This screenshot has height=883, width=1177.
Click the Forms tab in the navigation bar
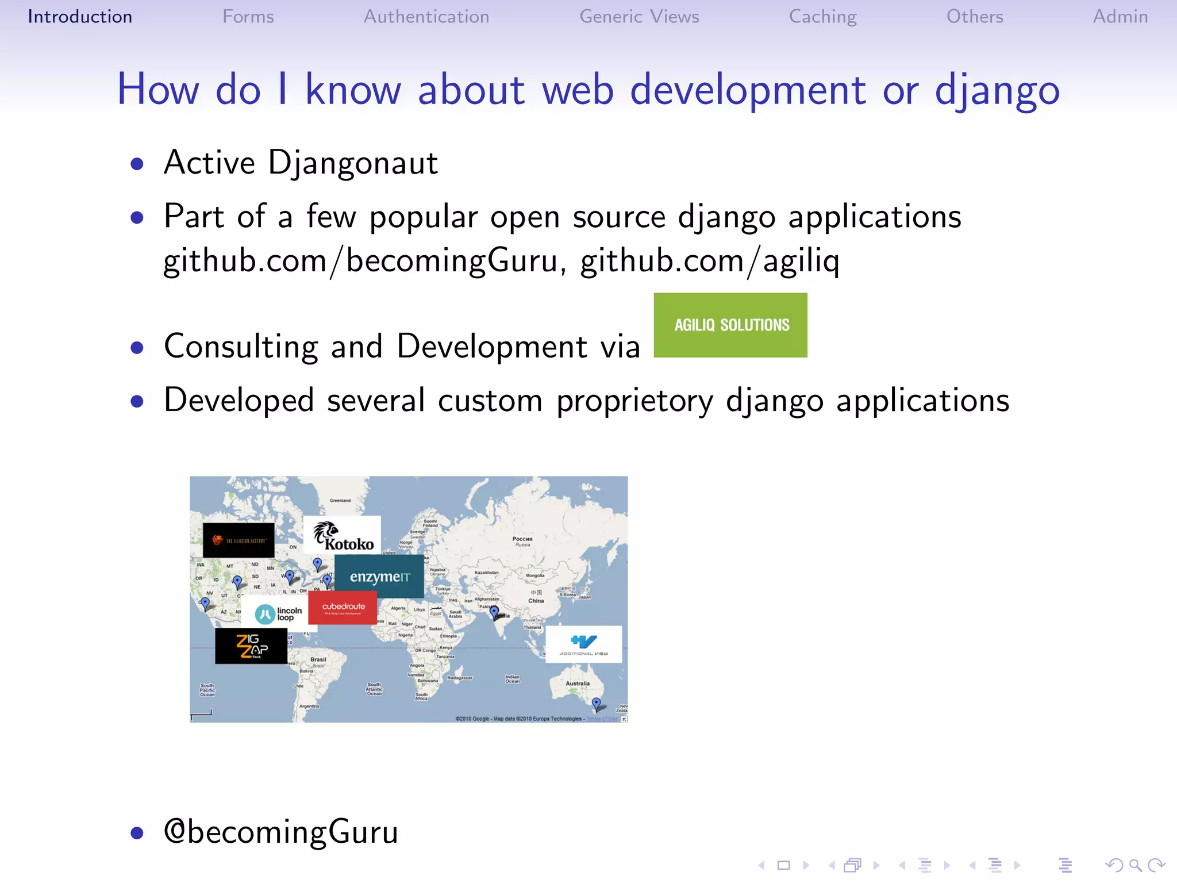click(x=248, y=17)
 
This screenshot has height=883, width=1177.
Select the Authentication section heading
click(x=426, y=17)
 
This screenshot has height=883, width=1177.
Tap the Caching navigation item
click(x=822, y=17)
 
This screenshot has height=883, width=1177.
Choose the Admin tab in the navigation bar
click(x=1120, y=17)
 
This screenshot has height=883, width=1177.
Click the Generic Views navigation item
click(x=639, y=17)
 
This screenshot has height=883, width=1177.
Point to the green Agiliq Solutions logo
click(x=730, y=325)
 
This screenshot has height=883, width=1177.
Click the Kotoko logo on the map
click(x=343, y=535)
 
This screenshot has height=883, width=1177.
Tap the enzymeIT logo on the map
click(x=379, y=576)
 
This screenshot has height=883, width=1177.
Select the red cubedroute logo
click(x=343, y=608)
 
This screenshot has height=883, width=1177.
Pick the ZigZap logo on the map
click(x=251, y=646)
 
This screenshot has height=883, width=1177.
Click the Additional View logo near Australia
click(x=583, y=644)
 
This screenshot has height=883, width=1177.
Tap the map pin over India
click(x=494, y=612)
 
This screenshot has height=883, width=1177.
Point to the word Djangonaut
click(x=353, y=163)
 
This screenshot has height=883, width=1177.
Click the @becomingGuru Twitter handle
click(x=281, y=832)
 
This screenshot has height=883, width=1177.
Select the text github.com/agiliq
click(x=710, y=260)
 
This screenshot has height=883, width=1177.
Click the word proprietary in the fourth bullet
click(x=634, y=401)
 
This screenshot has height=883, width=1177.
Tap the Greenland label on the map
click(x=340, y=501)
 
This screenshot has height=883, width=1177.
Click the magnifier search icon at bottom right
click(x=1135, y=865)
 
